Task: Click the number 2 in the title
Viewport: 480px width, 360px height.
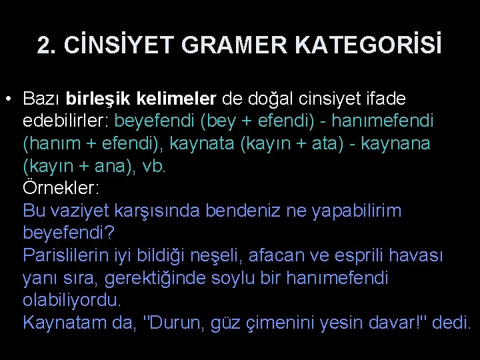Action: pos(43,45)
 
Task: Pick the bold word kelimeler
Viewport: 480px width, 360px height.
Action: pos(176,99)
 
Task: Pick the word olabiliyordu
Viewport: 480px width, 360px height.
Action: pos(72,300)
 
